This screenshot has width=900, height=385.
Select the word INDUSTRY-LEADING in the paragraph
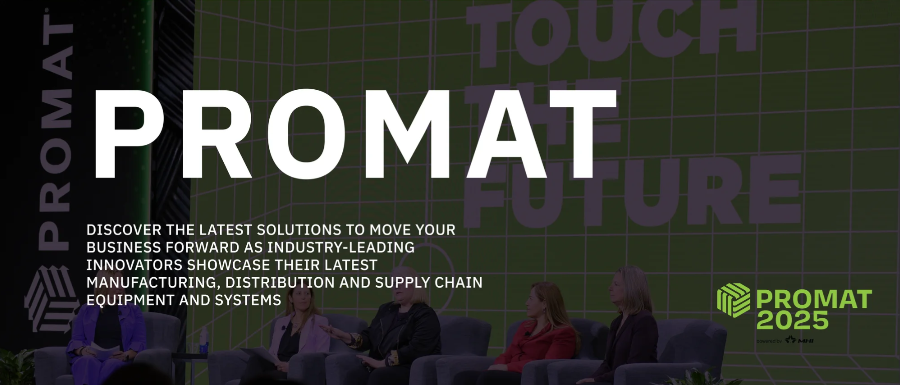click(x=340, y=248)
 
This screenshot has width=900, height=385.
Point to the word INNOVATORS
click(x=135, y=265)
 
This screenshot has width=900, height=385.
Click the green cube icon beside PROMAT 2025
click(x=733, y=300)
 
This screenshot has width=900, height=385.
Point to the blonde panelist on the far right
click(x=628, y=326)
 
